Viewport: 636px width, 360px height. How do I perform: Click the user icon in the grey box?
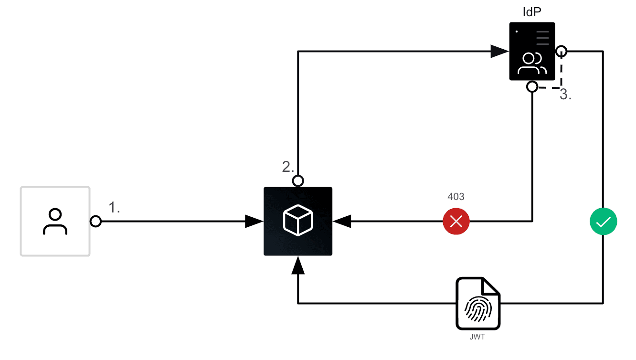point(55,222)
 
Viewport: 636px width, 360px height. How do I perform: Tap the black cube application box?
point(298,221)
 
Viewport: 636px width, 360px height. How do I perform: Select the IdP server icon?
point(532,51)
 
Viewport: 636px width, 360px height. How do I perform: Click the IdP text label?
point(531,12)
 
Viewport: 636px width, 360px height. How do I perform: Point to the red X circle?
point(456,222)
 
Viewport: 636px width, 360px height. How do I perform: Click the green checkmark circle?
point(604,222)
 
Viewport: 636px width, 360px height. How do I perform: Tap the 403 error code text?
point(456,197)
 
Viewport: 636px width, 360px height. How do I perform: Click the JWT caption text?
point(478,337)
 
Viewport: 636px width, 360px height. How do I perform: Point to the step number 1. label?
point(114,207)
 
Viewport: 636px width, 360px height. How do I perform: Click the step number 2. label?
point(288,167)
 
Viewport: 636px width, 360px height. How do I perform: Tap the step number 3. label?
point(566,95)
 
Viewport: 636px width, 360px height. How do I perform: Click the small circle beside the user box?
point(96,222)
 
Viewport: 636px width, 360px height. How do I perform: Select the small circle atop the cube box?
point(298,181)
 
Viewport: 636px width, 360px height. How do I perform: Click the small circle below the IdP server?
point(532,86)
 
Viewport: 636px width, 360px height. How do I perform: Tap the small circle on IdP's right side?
point(562,51)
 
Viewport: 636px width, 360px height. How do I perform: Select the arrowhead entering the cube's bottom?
point(298,264)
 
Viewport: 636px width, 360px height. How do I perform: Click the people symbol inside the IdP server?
point(532,64)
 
